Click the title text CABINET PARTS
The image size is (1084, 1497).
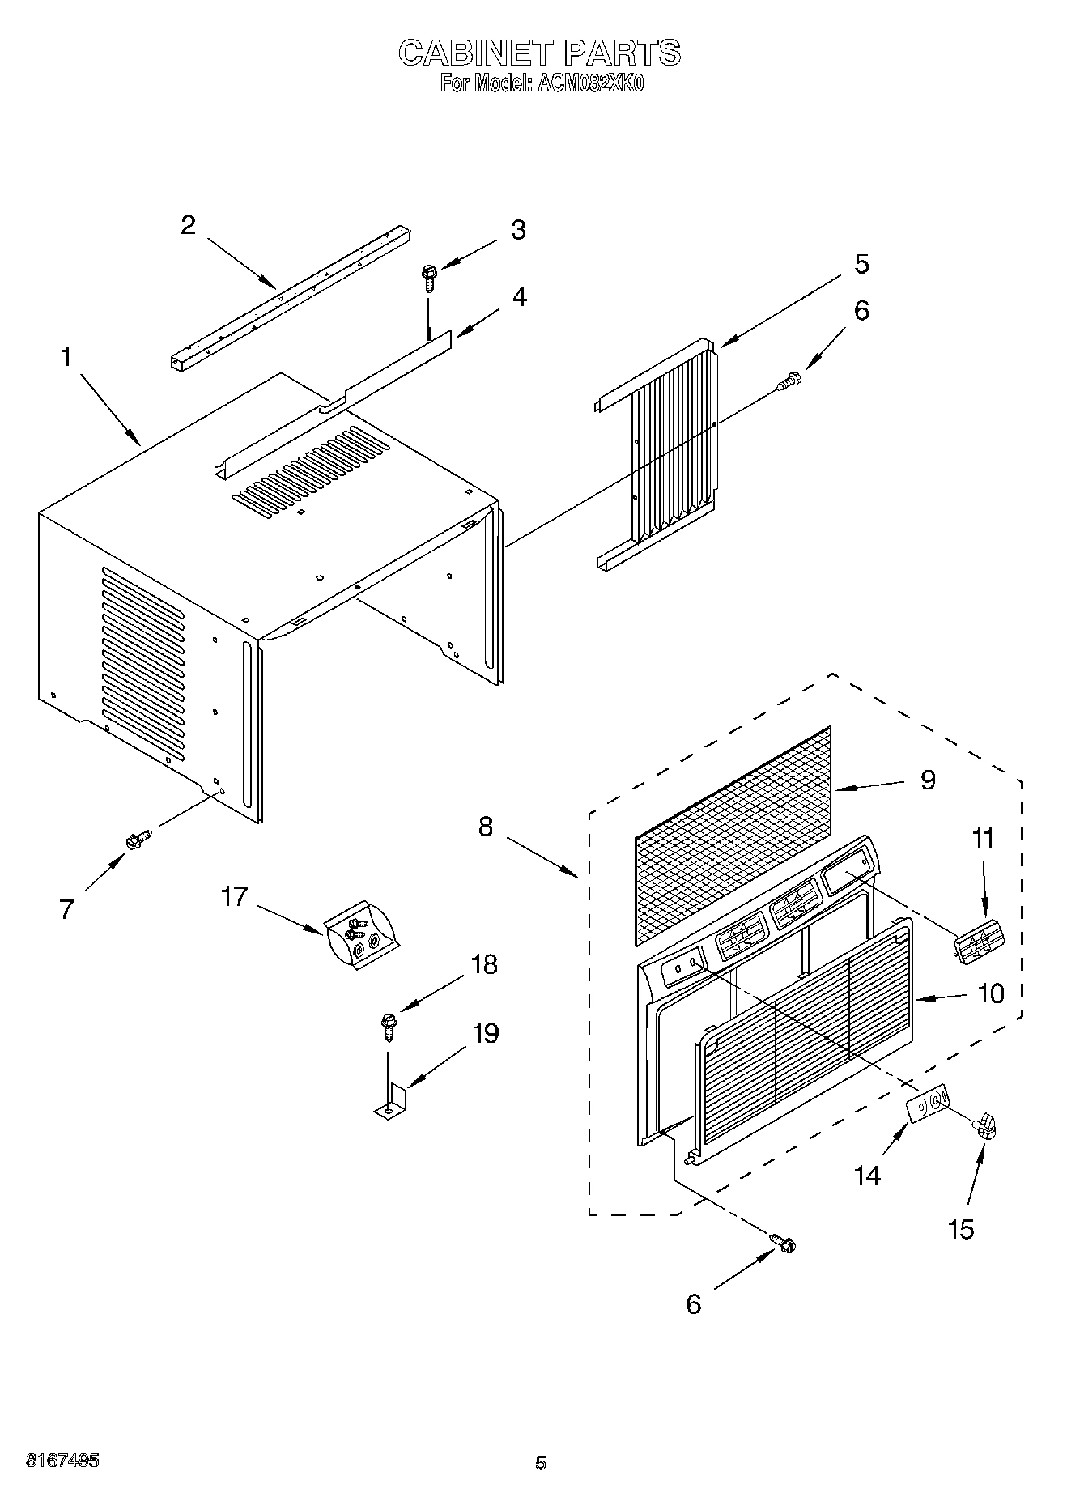pyautogui.click(x=539, y=53)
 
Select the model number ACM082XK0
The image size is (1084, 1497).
pyautogui.click(x=589, y=84)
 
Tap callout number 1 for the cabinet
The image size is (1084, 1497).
pyautogui.click(x=66, y=356)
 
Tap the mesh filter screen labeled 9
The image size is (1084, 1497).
pyautogui.click(x=733, y=834)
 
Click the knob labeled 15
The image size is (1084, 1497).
pyautogui.click(x=985, y=1125)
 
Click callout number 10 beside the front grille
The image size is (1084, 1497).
pyautogui.click(x=991, y=993)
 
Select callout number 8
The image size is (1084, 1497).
pyautogui.click(x=485, y=827)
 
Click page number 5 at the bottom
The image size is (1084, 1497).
pyautogui.click(x=541, y=1463)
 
